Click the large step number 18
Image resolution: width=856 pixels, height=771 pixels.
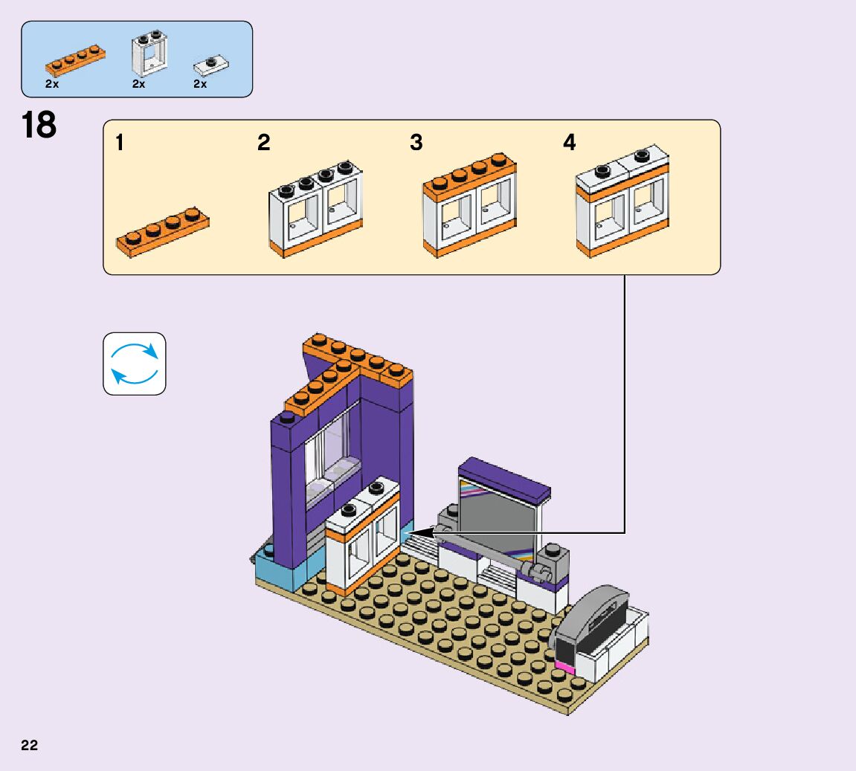tap(39, 125)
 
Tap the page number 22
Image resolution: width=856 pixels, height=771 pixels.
tap(30, 745)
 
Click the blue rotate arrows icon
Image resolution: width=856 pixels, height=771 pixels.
tap(134, 364)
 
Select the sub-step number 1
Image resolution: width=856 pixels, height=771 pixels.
tap(120, 143)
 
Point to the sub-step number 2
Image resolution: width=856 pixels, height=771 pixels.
tap(264, 143)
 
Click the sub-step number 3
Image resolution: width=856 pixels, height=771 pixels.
tap(416, 143)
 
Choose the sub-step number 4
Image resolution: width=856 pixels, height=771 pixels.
tap(569, 143)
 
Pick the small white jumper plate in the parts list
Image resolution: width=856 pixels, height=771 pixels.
tap(212, 66)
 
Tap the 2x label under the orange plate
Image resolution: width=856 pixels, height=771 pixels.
tap(52, 84)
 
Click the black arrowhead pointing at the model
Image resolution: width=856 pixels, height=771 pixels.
tap(416, 532)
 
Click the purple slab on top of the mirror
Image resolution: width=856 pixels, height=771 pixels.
tap(504, 479)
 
